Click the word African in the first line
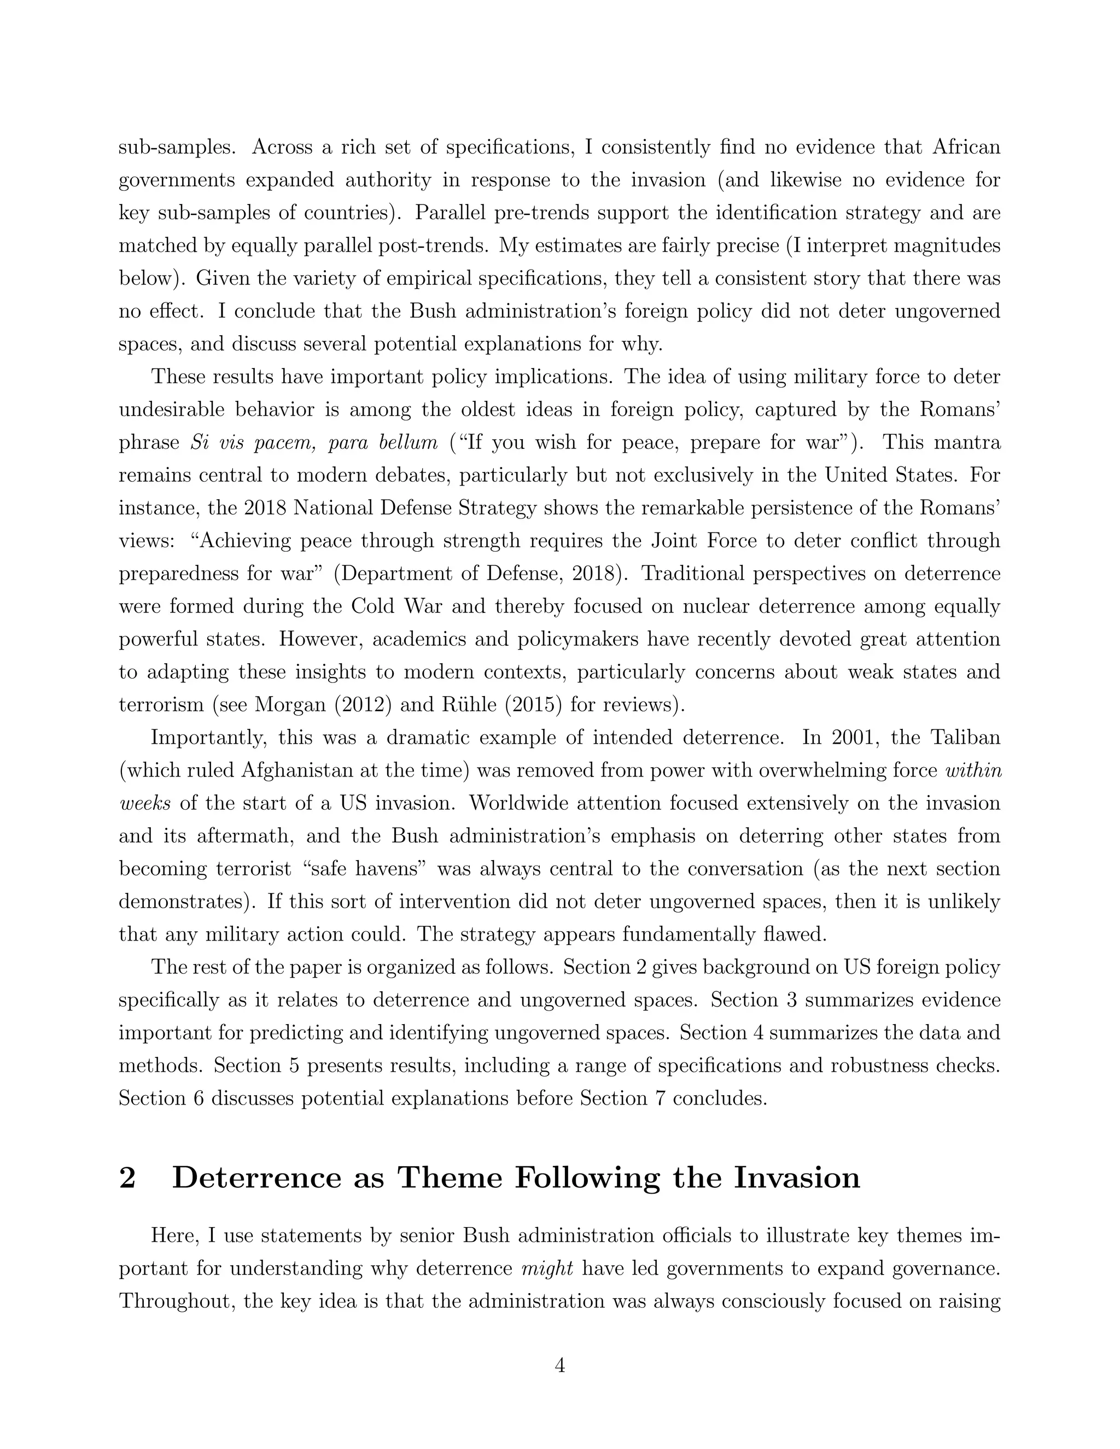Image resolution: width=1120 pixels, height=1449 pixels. tap(966, 147)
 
